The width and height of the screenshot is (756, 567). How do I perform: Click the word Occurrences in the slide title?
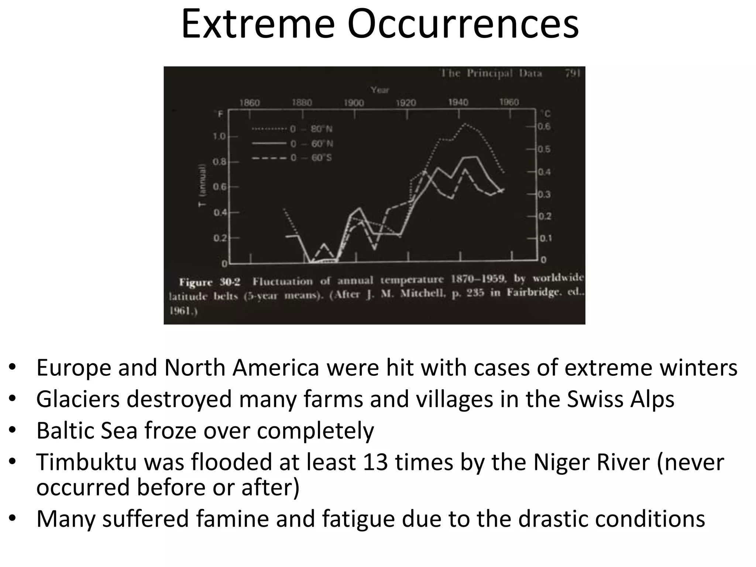coord(463,25)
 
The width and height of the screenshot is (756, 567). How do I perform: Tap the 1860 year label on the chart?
coord(250,103)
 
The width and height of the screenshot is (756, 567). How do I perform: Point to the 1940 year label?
coord(458,102)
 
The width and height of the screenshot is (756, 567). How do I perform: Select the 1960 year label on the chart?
coord(509,102)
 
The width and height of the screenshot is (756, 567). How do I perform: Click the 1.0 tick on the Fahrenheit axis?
coord(219,137)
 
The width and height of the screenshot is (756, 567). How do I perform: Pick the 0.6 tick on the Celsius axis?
coord(544,127)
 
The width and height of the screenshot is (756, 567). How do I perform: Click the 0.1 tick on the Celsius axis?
coord(545,238)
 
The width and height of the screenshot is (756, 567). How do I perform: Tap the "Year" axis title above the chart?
coord(380,90)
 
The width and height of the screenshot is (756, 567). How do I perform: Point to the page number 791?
coord(573,73)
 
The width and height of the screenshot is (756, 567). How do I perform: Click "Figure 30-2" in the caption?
coord(209,282)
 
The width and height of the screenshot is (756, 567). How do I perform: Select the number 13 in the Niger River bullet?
coord(375,462)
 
